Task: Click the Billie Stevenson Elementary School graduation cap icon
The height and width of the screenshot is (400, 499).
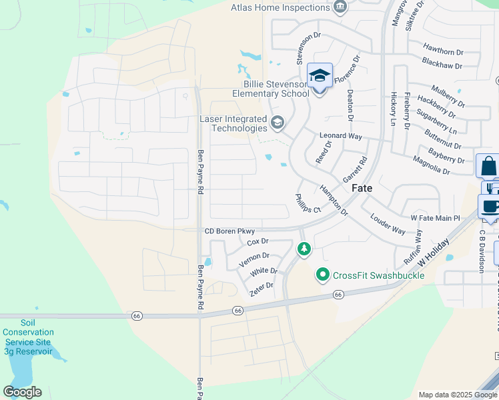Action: click(x=320, y=75)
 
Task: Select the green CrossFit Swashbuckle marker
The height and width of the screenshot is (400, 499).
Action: click(x=323, y=275)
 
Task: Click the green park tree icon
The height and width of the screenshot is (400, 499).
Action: click(x=304, y=249)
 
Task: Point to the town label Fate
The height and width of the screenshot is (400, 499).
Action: click(x=362, y=189)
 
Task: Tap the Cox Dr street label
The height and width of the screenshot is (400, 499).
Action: click(x=258, y=241)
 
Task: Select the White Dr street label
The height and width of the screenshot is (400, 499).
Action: click(x=264, y=271)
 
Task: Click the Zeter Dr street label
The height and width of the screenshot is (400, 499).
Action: click(x=261, y=286)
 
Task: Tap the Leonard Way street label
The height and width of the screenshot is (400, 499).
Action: click(x=340, y=136)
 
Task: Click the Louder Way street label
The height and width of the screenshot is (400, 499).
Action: click(x=388, y=225)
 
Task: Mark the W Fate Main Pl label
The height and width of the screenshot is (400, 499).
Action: click(x=435, y=218)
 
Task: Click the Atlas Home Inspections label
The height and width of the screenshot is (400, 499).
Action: click(x=280, y=7)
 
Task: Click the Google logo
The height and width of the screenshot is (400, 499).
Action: click(x=22, y=392)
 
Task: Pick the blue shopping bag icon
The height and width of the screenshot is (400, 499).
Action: click(x=488, y=165)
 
